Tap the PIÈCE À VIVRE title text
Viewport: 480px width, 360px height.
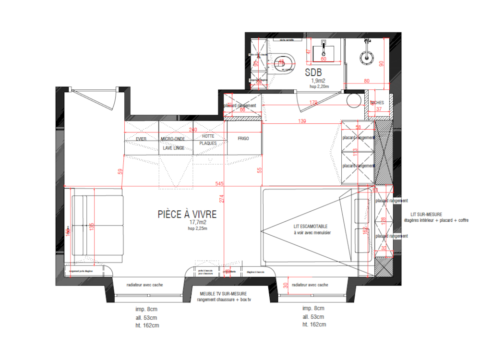[x=187, y=215]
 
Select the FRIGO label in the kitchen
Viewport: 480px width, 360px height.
[x=243, y=139]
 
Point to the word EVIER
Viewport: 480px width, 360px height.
[x=141, y=139]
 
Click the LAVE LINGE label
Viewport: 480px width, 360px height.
[x=173, y=148]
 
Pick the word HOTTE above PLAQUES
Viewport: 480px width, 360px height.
[x=208, y=136]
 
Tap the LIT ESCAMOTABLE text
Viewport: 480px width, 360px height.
[x=311, y=226]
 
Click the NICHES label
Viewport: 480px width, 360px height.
[x=377, y=103]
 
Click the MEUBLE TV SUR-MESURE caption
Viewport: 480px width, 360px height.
[x=224, y=293]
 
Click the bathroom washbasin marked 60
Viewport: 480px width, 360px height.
[x=323, y=52]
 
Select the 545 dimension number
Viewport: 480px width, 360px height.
[x=219, y=183]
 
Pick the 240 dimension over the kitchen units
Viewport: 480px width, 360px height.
[x=192, y=130]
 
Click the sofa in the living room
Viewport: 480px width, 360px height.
[x=98, y=225]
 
